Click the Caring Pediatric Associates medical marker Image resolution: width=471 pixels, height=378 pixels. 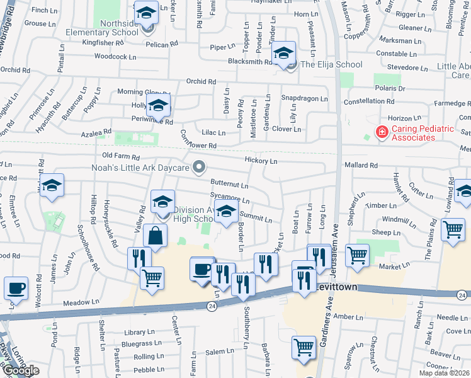click(382, 132)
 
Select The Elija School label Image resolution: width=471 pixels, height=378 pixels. click(331, 64)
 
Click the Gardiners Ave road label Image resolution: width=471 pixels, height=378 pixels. click(329, 321)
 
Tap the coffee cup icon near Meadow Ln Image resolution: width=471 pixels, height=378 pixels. click(16, 288)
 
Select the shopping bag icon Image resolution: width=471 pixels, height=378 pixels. click(155, 236)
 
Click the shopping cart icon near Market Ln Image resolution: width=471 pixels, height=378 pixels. click(357, 255)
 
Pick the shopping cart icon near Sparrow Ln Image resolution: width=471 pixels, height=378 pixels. click(304, 346)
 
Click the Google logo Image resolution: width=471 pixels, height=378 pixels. click(21, 370)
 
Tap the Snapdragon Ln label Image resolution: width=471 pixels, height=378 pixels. click(304, 99)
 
